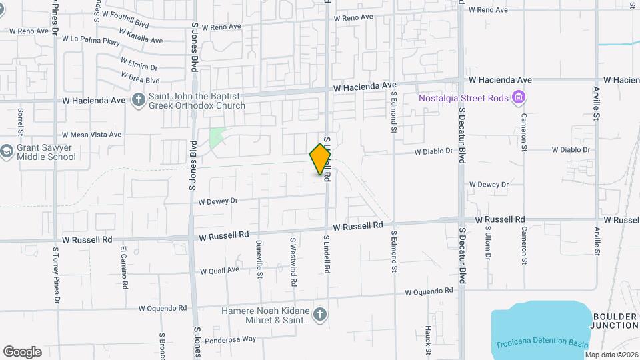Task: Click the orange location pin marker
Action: tap(321, 159)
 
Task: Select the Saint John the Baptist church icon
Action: tap(138, 100)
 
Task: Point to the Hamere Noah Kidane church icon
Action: tap(319, 315)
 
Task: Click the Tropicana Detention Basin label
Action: tap(541, 344)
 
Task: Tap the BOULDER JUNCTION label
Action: tap(615, 321)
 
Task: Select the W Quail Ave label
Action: tap(219, 271)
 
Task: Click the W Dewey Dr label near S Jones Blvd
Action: tap(217, 201)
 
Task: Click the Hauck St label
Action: tap(429, 340)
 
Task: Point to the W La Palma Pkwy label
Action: tap(91, 41)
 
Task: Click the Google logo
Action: tap(22, 352)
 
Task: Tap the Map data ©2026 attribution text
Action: tap(611, 355)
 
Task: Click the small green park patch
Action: tap(217, 137)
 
